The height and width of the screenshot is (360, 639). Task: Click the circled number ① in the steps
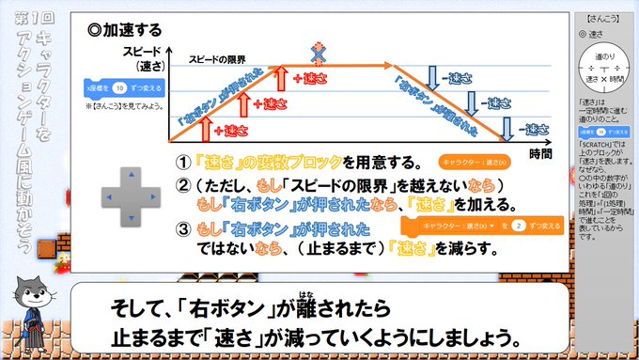[184, 161]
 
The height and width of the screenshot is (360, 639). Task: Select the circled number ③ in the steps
[184, 228]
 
